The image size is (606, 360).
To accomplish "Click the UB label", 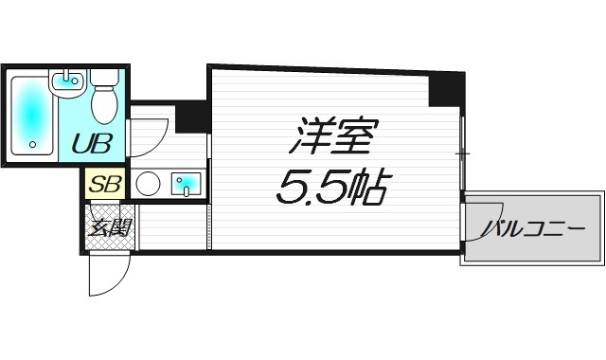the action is click(93, 145).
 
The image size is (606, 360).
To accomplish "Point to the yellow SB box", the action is click(105, 184).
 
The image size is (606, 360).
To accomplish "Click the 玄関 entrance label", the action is click(111, 227).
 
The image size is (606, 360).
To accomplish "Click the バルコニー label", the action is click(531, 229).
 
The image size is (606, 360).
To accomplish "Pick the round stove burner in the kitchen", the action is click(148, 184).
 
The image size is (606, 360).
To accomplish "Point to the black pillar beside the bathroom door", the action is click(191, 116).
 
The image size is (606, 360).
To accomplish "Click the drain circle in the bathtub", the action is click(32, 147).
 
